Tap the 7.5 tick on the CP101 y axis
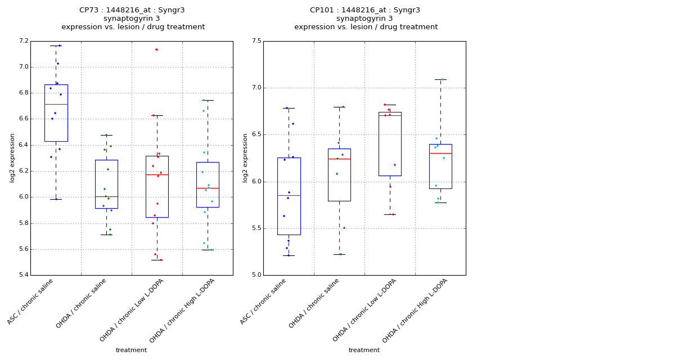pos(256,41)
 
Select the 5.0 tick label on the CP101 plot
pos(256,275)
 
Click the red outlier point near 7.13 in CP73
pos(156,49)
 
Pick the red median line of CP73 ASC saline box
pos(56,104)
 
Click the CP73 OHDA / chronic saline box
pos(106,184)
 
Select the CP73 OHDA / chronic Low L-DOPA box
pos(157,187)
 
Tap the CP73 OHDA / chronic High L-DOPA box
pos(208,184)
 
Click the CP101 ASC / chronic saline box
pos(289,196)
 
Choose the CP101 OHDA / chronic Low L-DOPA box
pos(390,144)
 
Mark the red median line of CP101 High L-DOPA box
pos(440,153)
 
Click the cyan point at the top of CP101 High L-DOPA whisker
pos(442,79)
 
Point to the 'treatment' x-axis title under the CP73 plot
pos(131,350)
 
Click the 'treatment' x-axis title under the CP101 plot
pos(364,350)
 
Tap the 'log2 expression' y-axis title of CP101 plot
pos(245,157)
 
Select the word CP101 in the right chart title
pos(321,10)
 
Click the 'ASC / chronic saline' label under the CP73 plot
pos(31,301)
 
